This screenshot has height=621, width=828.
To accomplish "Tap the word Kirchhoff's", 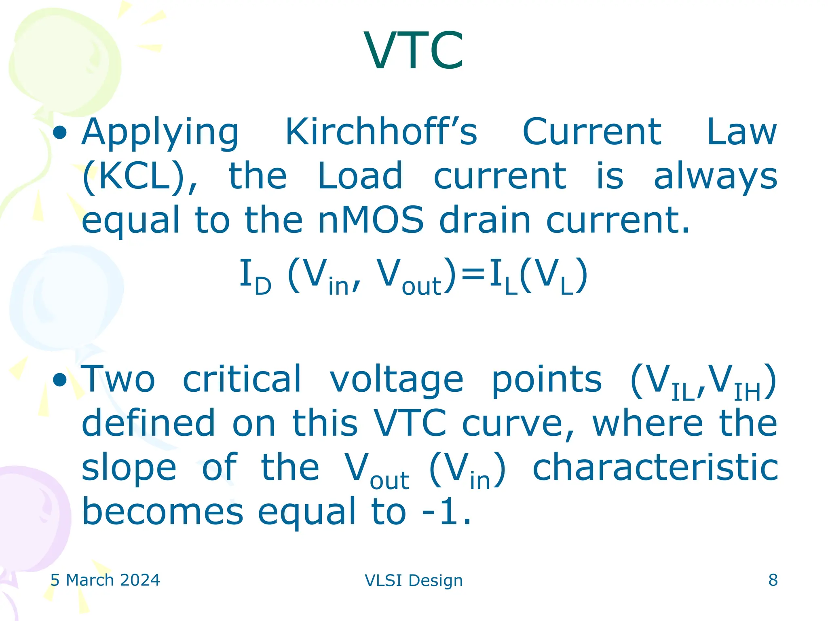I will coord(381,132).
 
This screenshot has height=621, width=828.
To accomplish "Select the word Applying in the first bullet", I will coord(160,133).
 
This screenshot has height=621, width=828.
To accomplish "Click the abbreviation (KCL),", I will coord(140,177).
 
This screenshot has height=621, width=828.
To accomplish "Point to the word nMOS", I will coord(371,220).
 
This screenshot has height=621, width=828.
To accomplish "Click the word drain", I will coord(484,220).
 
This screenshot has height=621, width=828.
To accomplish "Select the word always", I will coord(715,177).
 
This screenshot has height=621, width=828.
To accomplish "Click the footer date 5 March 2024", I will coord(105,580).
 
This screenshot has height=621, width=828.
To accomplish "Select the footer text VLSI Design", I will coord(414,580).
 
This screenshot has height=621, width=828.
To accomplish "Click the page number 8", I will coord(773,580).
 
